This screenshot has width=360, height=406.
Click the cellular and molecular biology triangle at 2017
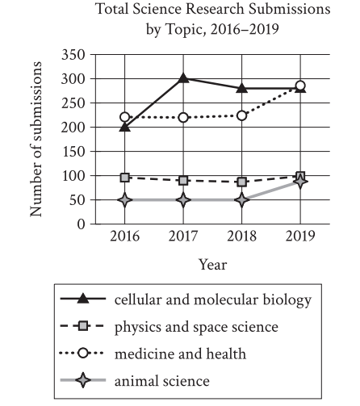pyautogui.click(x=183, y=78)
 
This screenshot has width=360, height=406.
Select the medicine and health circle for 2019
pyautogui.click(x=300, y=86)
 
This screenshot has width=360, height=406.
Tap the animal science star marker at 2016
pyautogui.click(x=124, y=200)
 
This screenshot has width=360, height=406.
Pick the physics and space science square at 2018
pyautogui.click(x=242, y=182)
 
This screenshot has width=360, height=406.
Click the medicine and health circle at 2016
pyautogui.click(x=124, y=117)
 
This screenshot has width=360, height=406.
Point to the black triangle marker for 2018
pyautogui.click(x=242, y=88)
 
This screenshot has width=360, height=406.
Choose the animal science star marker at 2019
pyautogui.click(x=300, y=182)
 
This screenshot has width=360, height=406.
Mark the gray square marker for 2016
pyautogui.click(x=124, y=178)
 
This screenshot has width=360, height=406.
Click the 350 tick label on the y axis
pyautogui.click(x=73, y=55)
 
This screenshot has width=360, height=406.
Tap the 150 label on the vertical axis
pyautogui.click(x=73, y=152)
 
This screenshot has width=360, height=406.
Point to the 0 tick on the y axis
pyautogui.click(x=81, y=224)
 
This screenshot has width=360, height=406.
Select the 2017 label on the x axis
pyautogui.click(x=183, y=236)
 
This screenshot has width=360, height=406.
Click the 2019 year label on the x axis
pyautogui.click(x=300, y=236)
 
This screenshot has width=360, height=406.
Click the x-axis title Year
pyautogui.click(x=213, y=265)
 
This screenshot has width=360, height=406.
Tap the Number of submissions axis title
pyautogui.click(x=36, y=139)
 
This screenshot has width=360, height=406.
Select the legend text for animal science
pyautogui.click(x=162, y=381)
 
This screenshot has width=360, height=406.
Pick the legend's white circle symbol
pyautogui.click(x=83, y=353)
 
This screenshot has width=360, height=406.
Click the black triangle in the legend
pyautogui.click(x=83, y=299)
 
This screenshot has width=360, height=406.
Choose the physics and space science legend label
pyautogui.click(x=196, y=327)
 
